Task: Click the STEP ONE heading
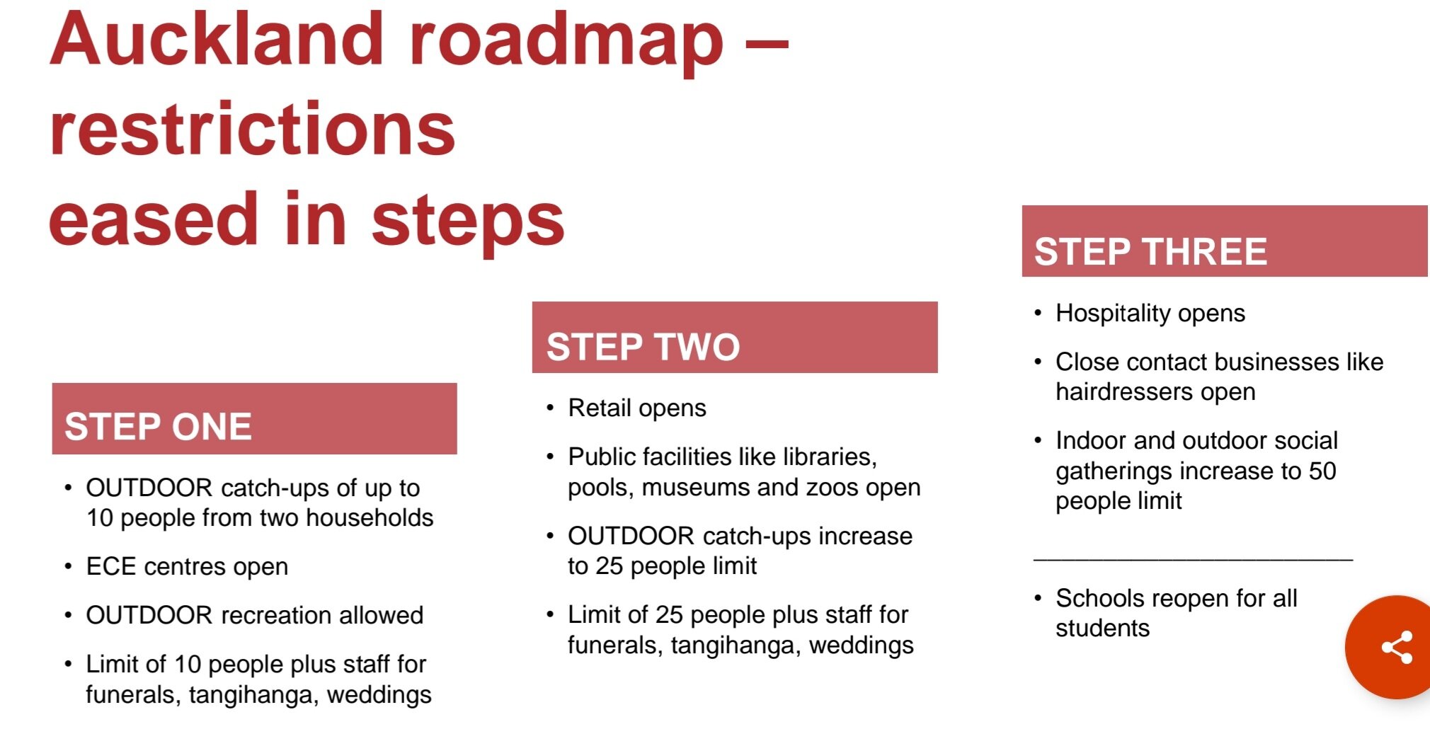pyautogui.click(x=159, y=427)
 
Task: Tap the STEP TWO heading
pyautogui.click(x=643, y=347)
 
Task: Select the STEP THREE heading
pyautogui.click(x=1150, y=252)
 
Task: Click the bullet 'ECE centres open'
pyautogui.click(x=187, y=567)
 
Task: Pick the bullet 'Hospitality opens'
pyautogui.click(x=1150, y=314)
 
